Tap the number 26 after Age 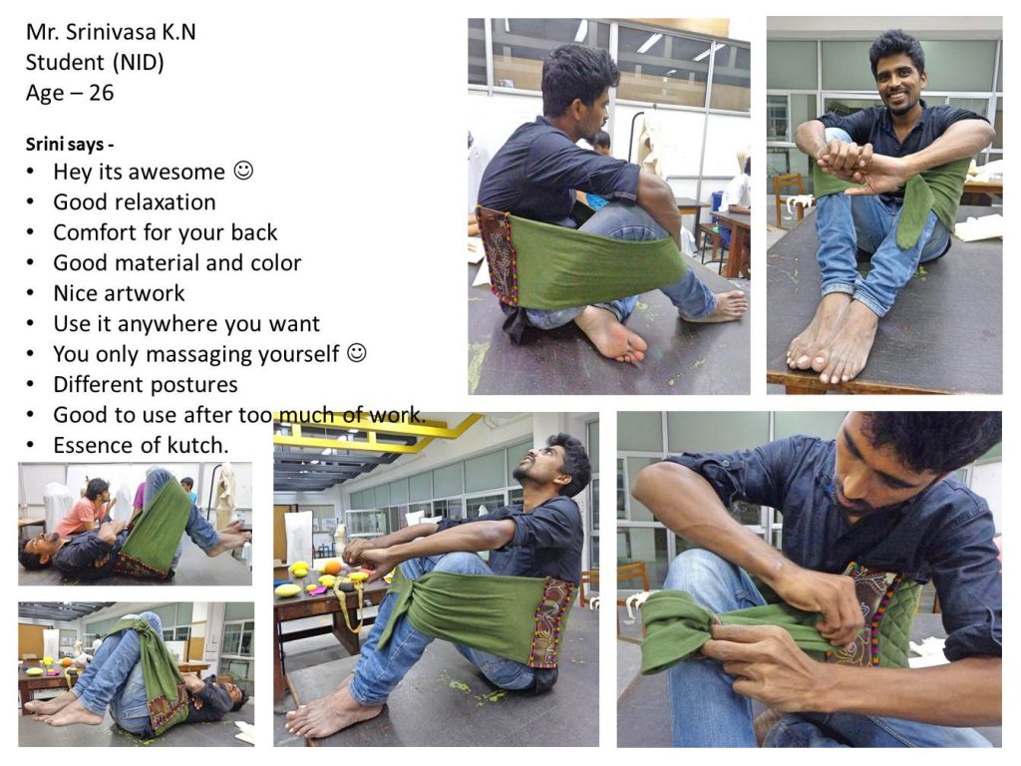pyautogui.click(x=101, y=93)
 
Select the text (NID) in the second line pyautogui.click(x=138, y=63)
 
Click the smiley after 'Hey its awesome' pyautogui.click(x=243, y=171)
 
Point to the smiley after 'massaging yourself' pyautogui.click(x=357, y=353)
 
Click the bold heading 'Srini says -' pyautogui.click(x=70, y=144)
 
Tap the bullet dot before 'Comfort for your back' pyautogui.click(x=30, y=232)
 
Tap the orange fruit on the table pyautogui.click(x=331, y=567)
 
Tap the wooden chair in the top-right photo pyautogui.click(x=790, y=196)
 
